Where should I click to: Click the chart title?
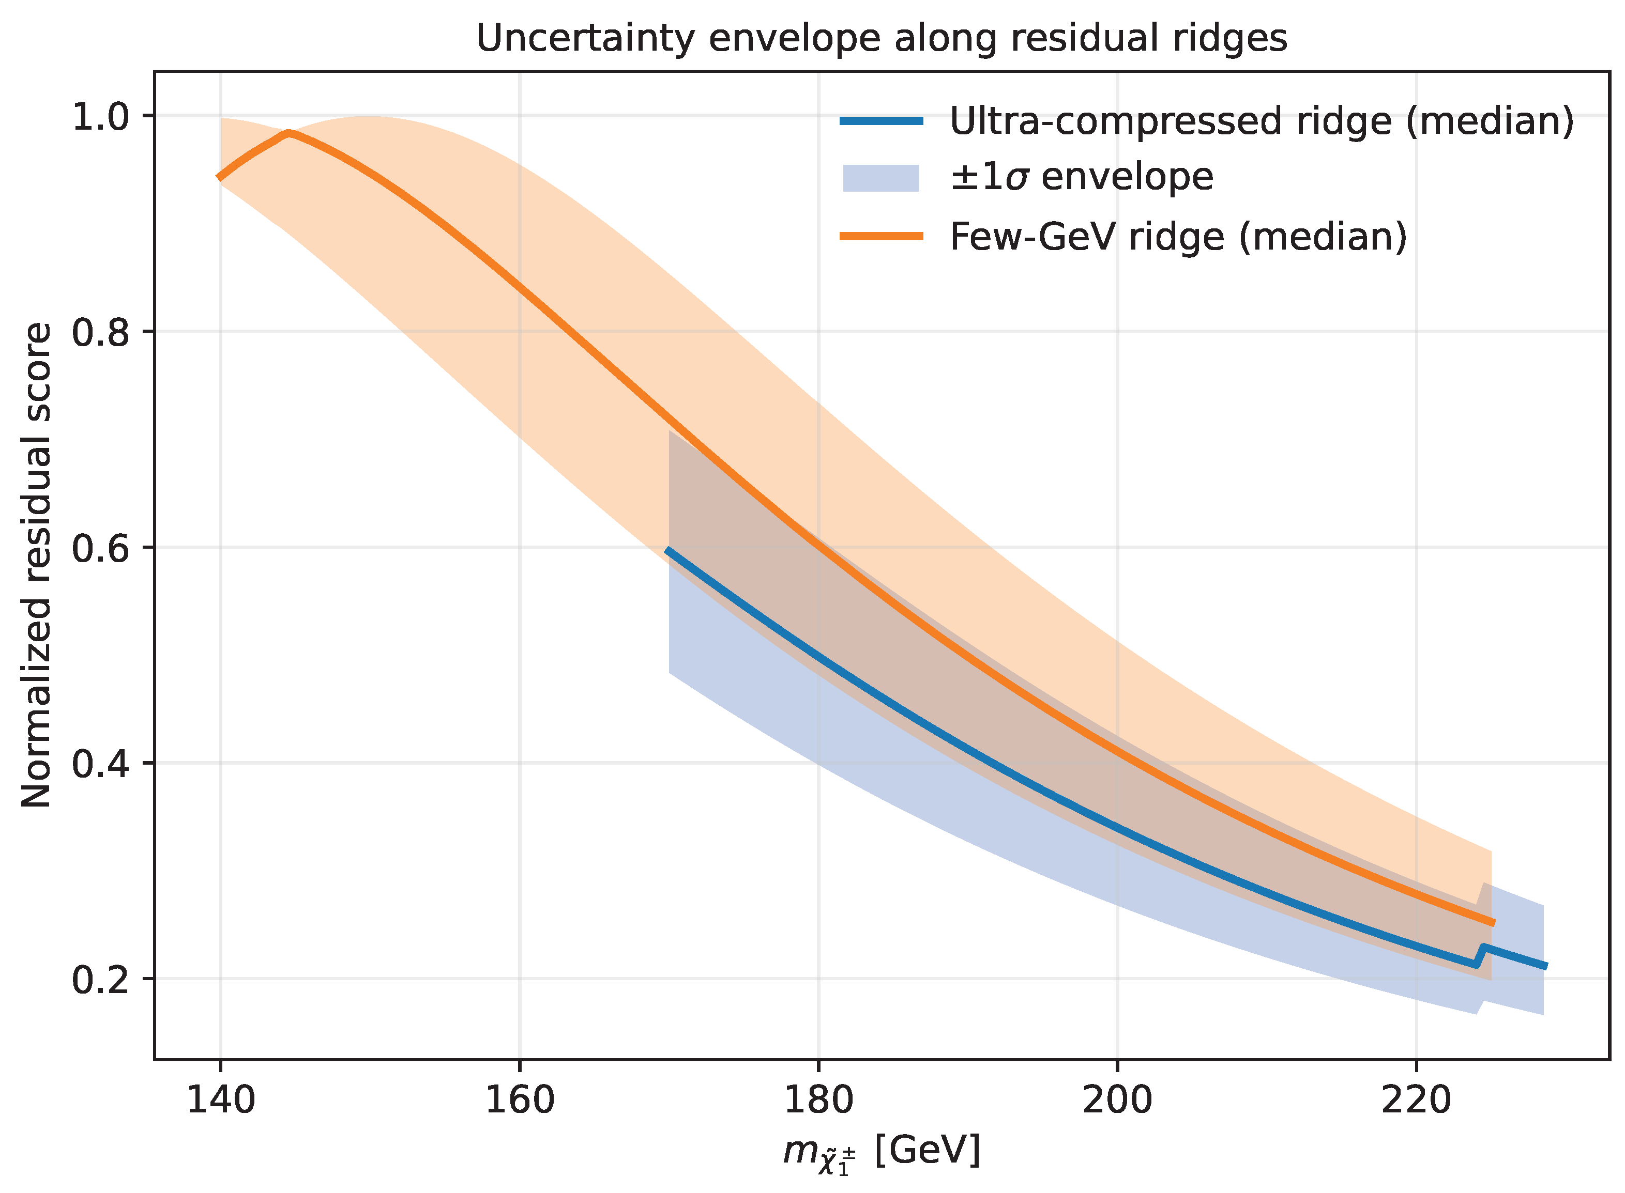[882, 38]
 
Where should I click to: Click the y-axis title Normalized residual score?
[36, 565]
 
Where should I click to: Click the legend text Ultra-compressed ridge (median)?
[1262, 121]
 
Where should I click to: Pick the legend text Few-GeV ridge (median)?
[1178, 237]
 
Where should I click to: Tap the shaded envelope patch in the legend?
[882, 178]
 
